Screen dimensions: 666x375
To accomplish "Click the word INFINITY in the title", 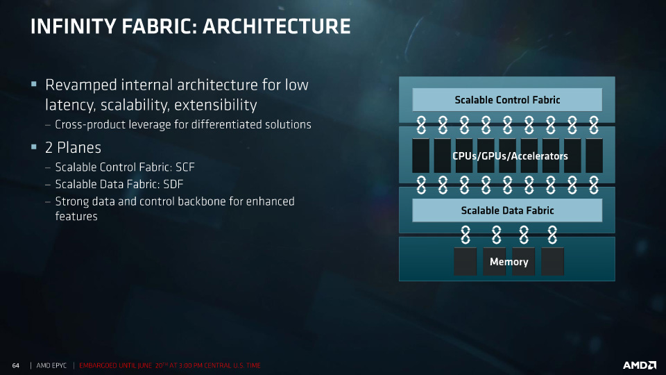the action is click(x=73, y=26).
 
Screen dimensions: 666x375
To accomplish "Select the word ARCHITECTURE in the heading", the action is click(x=277, y=26).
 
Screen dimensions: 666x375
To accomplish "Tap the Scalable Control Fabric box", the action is click(x=507, y=100).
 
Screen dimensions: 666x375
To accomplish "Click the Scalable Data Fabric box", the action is click(x=507, y=210).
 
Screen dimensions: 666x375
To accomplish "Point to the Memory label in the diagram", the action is click(x=509, y=262).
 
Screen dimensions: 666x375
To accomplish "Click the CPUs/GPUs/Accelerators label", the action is click(x=510, y=156).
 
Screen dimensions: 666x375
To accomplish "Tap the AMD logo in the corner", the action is click(x=640, y=365).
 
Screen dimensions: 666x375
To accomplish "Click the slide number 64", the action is click(x=16, y=366).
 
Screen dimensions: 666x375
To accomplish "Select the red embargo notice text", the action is click(x=170, y=366).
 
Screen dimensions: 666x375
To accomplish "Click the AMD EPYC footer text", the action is click(x=51, y=366).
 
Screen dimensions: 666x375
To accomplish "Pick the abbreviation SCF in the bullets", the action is click(x=185, y=167).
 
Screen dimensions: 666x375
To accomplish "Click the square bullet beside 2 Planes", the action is click(x=34, y=147).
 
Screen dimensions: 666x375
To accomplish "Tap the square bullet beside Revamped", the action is click(x=34, y=84).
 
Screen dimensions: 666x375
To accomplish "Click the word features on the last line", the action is click(x=76, y=217).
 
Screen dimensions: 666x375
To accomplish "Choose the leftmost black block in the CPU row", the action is click(x=420, y=156).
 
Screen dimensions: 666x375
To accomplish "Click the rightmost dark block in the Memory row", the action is click(x=553, y=262).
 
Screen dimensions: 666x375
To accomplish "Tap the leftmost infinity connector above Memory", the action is click(x=466, y=235).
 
